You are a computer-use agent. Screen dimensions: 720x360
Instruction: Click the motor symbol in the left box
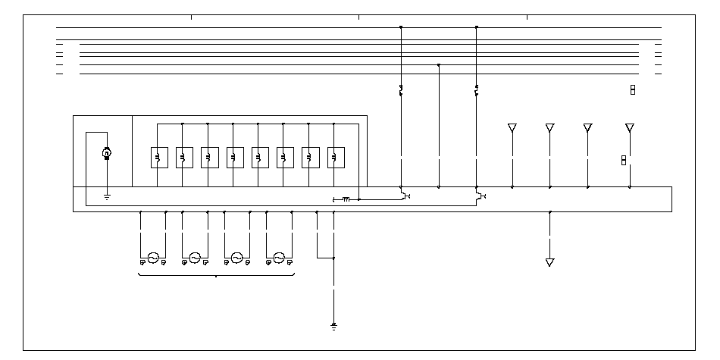pyautogui.click(x=107, y=154)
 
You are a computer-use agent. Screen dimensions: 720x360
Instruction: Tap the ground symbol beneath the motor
pyautogui.click(x=107, y=197)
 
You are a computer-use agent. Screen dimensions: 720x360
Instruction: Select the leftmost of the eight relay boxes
pyautogui.click(x=158, y=157)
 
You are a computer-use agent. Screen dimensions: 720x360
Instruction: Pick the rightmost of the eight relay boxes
pyautogui.click(x=333, y=157)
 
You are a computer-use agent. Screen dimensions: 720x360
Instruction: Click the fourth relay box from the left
pyautogui.click(x=233, y=157)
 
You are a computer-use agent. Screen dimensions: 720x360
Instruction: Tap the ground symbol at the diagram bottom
pyautogui.click(x=333, y=327)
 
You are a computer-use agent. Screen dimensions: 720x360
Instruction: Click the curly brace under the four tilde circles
pyautogui.click(x=217, y=276)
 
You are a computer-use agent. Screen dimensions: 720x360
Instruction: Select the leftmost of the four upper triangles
pyautogui.click(x=512, y=127)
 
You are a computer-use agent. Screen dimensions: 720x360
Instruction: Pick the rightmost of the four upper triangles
pyautogui.click(x=629, y=127)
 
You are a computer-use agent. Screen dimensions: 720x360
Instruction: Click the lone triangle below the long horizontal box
pyautogui.click(x=550, y=262)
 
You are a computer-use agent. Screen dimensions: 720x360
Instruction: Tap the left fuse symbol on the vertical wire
pyautogui.click(x=401, y=92)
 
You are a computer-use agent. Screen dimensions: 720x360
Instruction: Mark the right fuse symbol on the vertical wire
pyautogui.click(x=477, y=92)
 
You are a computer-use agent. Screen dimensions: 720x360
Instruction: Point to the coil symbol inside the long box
pyautogui.click(x=345, y=199)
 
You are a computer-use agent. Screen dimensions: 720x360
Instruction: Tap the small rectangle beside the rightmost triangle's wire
pyautogui.click(x=623, y=160)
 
